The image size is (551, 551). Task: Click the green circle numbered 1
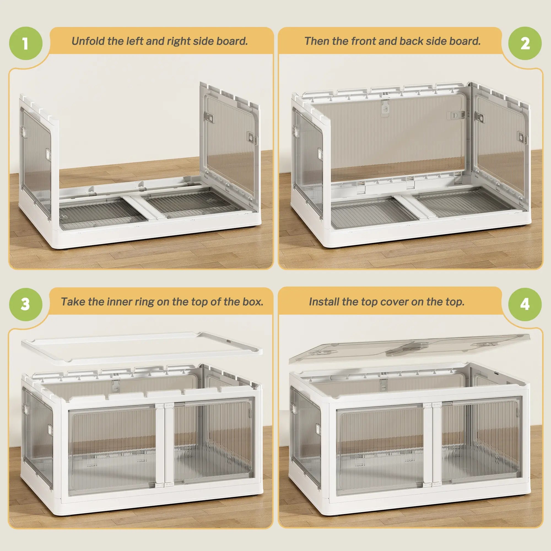coord(26,43)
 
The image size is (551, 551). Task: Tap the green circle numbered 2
coord(525,43)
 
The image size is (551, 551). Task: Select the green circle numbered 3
coord(26,304)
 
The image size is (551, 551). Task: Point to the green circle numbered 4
coord(525,304)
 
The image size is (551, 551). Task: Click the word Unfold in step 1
coord(88,41)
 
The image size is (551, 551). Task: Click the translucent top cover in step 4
coord(410,349)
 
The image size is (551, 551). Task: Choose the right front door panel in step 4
coord(482,442)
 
